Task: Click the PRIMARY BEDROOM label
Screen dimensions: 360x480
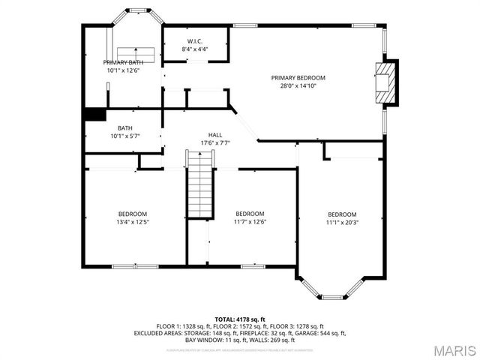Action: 298,78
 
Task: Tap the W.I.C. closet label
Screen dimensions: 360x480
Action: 194,41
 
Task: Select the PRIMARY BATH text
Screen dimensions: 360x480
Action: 123,63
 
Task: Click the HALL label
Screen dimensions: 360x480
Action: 214,135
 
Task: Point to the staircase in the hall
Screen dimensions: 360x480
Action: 200,184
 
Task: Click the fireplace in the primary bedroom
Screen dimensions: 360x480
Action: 384,79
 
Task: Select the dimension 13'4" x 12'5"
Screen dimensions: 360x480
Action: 132,222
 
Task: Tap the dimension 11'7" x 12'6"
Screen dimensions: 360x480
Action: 250,222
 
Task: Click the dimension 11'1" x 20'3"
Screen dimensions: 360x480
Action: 342,222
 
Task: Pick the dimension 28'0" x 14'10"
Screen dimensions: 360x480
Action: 298,86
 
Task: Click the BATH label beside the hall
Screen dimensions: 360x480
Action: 124,128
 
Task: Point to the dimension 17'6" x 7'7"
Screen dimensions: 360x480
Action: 214,143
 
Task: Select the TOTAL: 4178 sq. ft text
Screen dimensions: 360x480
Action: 240,320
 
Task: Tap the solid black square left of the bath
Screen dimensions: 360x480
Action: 94,114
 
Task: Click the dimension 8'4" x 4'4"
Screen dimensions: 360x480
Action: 194,49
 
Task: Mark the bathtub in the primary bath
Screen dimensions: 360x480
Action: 136,54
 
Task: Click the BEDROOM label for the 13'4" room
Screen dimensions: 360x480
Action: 132,214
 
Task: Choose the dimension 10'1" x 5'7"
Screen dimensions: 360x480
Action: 124,136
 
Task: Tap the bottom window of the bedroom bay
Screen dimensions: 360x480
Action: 333,298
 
